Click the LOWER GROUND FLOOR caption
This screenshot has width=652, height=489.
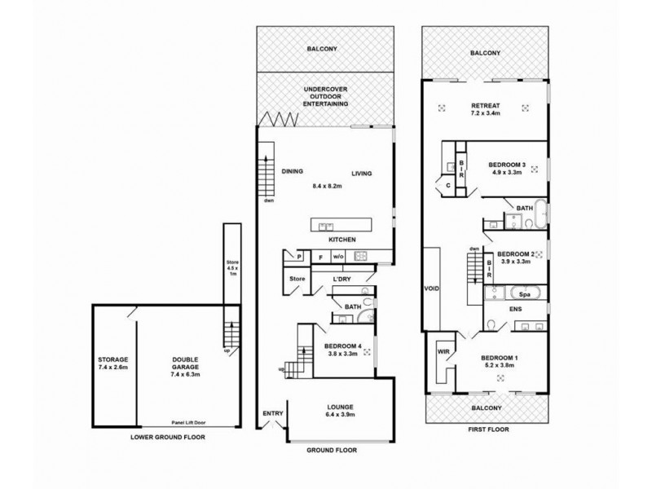(x=166, y=438)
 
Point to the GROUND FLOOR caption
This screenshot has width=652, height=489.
(x=331, y=450)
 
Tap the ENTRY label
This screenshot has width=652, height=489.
(x=272, y=413)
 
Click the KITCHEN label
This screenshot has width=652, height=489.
(x=341, y=241)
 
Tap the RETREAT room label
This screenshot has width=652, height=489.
(x=486, y=107)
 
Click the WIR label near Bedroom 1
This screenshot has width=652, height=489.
(x=443, y=352)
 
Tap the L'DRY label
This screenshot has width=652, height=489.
(x=341, y=278)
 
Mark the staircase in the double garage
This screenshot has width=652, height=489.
(x=230, y=334)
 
